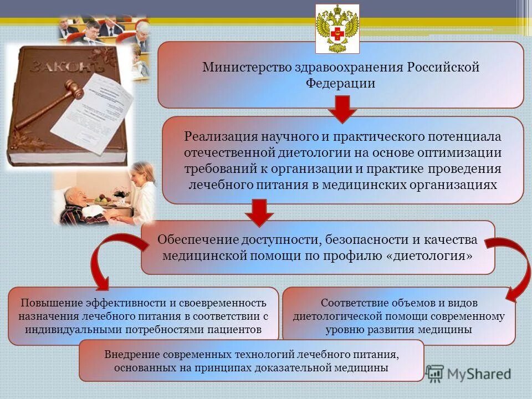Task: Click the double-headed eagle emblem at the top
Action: (x=337, y=28)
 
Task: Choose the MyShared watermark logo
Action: (x=469, y=373)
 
